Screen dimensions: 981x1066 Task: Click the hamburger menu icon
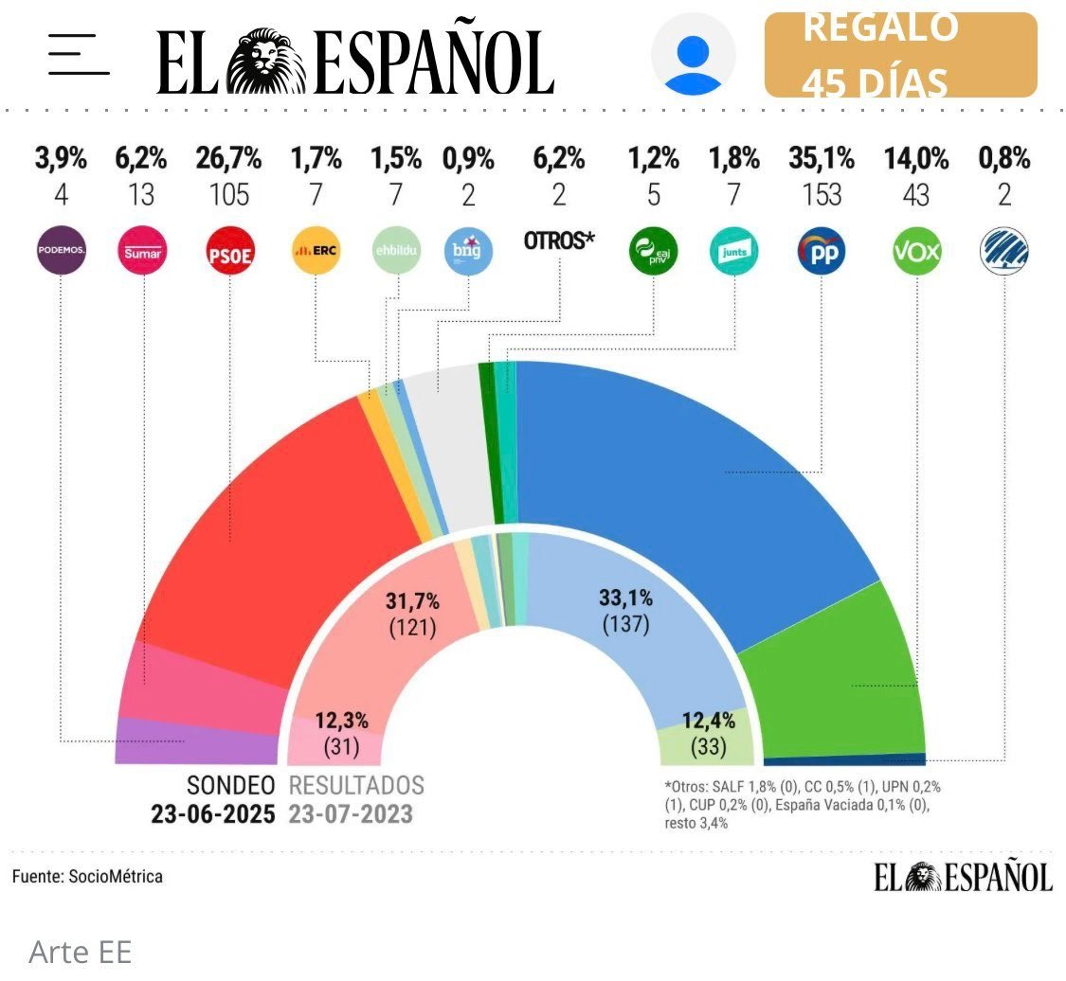pyautogui.click(x=79, y=55)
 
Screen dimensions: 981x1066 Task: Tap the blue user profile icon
pyautogui.click(x=694, y=55)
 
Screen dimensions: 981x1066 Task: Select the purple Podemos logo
pyautogui.click(x=61, y=251)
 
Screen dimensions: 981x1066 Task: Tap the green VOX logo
pyautogui.click(x=915, y=251)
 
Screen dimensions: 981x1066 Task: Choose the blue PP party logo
pyautogui.click(x=822, y=251)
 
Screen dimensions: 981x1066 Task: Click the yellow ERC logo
pyautogui.click(x=315, y=251)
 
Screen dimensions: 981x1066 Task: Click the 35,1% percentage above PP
pyautogui.click(x=822, y=159)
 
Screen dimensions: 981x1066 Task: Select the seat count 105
pyautogui.click(x=229, y=195)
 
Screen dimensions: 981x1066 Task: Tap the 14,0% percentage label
pyautogui.click(x=915, y=159)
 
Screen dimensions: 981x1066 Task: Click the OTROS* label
pyautogui.click(x=559, y=241)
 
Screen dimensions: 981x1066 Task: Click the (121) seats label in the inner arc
pyautogui.click(x=411, y=627)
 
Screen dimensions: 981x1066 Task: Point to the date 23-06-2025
pyautogui.click(x=213, y=814)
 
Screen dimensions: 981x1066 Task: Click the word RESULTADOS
pyautogui.click(x=356, y=785)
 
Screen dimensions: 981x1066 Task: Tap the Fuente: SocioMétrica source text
pyautogui.click(x=87, y=876)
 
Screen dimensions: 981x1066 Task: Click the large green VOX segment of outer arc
pyautogui.click(x=834, y=672)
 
